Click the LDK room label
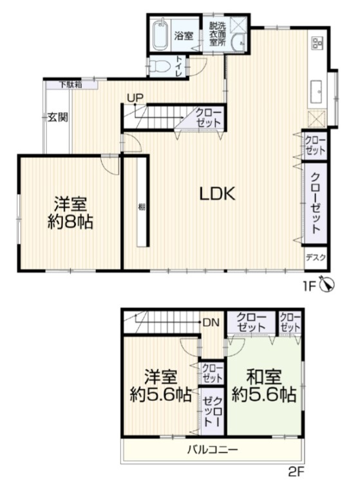218,194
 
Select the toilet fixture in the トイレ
156,66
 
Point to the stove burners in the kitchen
316,43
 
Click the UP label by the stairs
135,98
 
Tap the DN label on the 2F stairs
211,322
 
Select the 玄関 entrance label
58,117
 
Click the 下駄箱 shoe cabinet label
71,84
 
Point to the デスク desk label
316,258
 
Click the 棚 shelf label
142,207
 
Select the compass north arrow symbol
327,284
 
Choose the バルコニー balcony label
213,449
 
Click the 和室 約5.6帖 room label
264,385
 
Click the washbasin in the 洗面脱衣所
238,43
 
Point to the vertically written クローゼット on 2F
212,411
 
